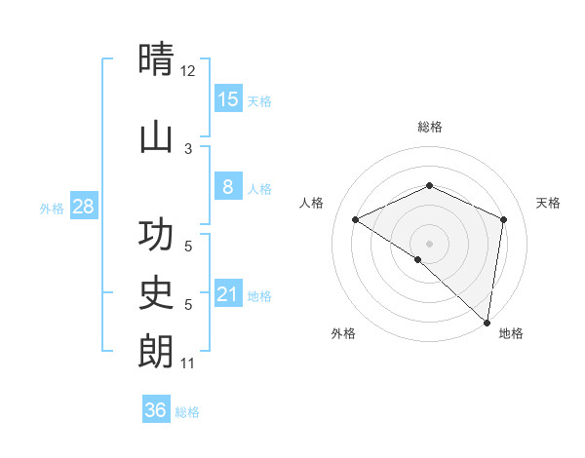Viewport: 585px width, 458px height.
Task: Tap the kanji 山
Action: (156, 136)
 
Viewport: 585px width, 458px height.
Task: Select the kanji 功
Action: (156, 235)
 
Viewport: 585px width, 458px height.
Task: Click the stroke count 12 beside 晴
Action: (188, 70)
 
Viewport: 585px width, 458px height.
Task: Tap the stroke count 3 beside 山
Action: (188, 148)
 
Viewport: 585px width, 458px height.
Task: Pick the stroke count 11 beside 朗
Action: (188, 363)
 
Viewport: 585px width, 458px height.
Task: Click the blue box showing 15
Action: (227, 99)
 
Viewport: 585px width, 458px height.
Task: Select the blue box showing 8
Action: (227, 187)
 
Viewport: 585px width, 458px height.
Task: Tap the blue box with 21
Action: (227, 294)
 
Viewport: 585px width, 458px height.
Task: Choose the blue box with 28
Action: (82, 207)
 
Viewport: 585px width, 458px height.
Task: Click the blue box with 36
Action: (155, 410)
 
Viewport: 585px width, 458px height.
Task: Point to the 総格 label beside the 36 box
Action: (188, 412)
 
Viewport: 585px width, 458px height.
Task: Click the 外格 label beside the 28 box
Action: (52, 209)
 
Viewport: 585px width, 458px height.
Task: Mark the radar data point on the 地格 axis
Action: (487, 321)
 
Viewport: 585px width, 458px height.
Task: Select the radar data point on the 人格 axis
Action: (356, 220)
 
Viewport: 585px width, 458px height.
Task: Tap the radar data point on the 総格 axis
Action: (429, 185)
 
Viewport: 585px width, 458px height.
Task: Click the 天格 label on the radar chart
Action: (548, 203)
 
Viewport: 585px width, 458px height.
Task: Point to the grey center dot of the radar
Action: (429, 243)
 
